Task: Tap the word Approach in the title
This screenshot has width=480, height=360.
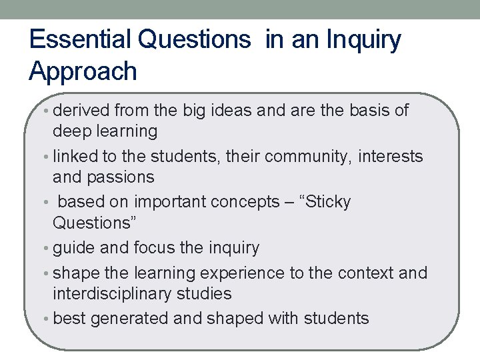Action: (83, 71)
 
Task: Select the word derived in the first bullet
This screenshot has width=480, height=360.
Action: (83, 110)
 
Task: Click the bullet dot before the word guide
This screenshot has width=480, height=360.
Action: (47, 249)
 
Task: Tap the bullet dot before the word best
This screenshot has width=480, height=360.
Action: (47, 319)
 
